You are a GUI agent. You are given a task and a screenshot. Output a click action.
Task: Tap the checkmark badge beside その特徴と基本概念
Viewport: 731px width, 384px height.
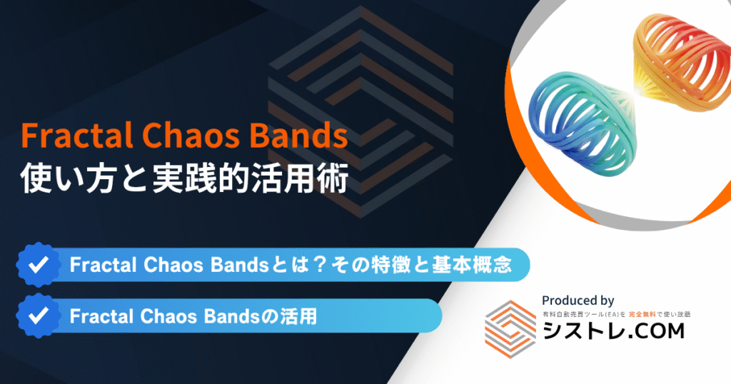36,265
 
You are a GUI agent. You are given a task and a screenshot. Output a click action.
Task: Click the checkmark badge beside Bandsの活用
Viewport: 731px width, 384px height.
36,315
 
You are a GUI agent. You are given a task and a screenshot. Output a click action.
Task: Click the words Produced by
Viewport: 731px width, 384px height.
578,300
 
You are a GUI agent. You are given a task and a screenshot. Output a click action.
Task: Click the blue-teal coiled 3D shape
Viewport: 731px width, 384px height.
571,118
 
